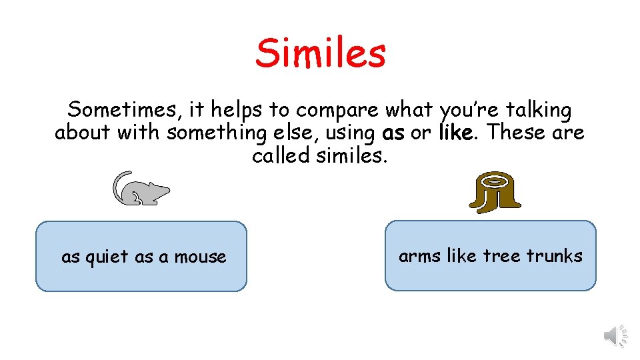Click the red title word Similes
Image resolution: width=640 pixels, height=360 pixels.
(320, 53)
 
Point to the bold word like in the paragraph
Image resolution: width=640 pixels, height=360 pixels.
(457, 133)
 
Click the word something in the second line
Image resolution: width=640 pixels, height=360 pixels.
(217, 133)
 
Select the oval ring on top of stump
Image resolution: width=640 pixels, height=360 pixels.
(494, 180)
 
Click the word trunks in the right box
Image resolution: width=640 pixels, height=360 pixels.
(554, 255)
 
